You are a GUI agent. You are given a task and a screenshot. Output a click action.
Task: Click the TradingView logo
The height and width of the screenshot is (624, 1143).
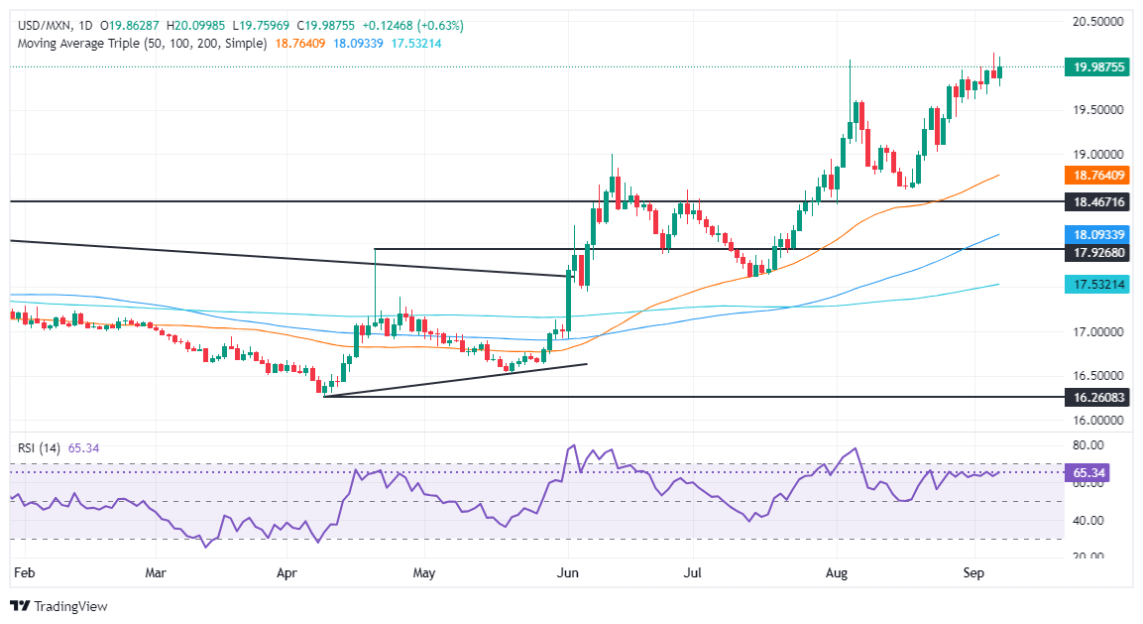tap(58, 606)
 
